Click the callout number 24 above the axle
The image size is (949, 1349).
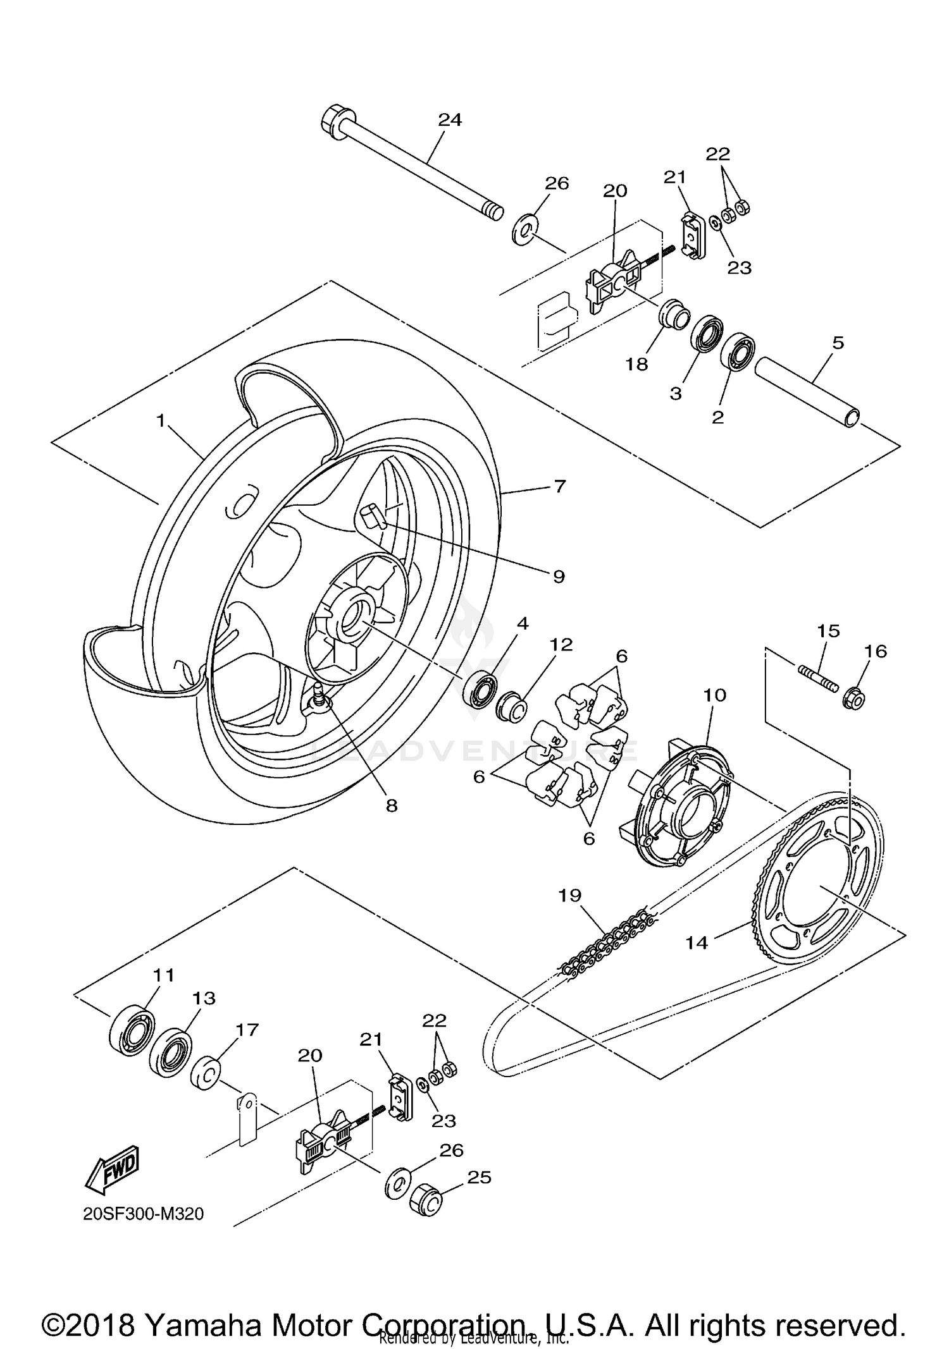(x=450, y=120)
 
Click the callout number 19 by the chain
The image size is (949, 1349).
(x=570, y=895)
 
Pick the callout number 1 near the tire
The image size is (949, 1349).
(x=161, y=420)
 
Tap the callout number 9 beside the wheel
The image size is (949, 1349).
(x=558, y=577)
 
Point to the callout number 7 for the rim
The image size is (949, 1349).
(x=559, y=487)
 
